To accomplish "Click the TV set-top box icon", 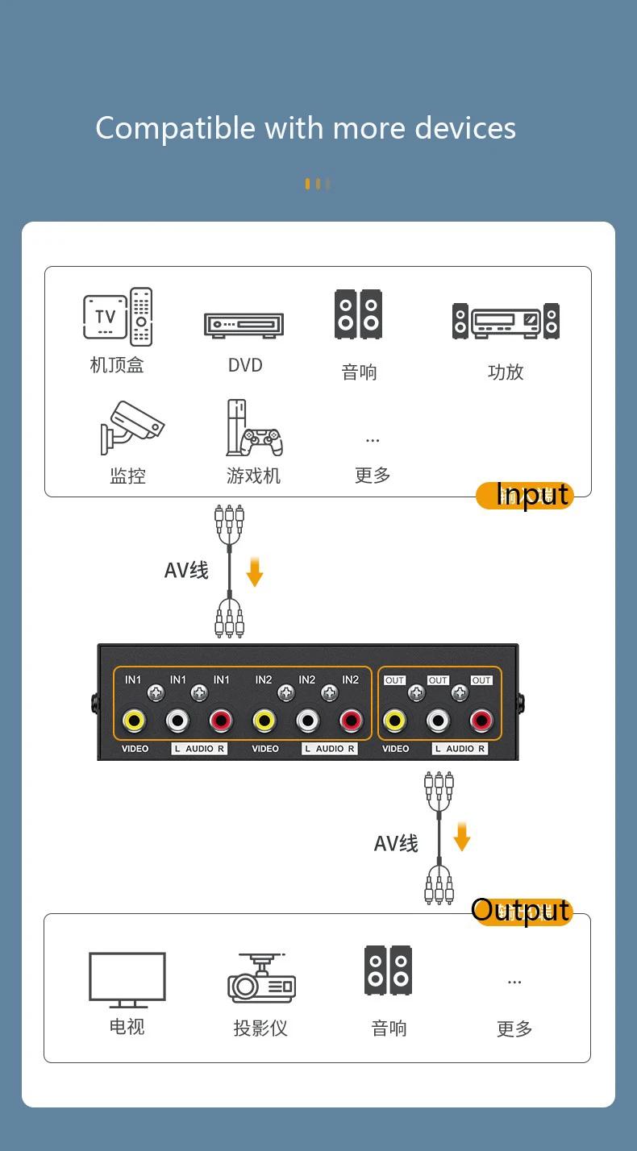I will pyautogui.click(x=118, y=316).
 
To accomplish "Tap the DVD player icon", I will pyautogui.click(x=244, y=325).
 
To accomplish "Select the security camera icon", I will pyautogui.click(x=131, y=427).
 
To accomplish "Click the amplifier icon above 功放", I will pyautogui.click(x=506, y=321).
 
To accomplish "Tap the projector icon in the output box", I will pyautogui.click(x=261, y=979).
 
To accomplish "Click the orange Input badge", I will pyautogui.click(x=525, y=495).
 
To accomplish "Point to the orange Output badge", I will pyautogui.click(x=523, y=911).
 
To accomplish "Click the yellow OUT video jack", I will pyautogui.click(x=394, y=720).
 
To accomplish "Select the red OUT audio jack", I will pyautogui.click(x=481, y=720).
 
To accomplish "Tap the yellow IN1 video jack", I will pyautogui.click(x=133, y=720).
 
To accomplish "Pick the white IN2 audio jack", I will pyautogui.click(x=307, y=720).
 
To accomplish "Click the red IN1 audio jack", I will pyautogui.click(x=220, y=720).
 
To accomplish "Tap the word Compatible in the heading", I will pyautogui.click(x=175, y=128).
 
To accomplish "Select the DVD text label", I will pyautogui.click(x=245, y=365).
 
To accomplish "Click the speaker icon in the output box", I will pyautogui.click(x=388, y=970).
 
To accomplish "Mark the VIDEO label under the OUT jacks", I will pyautogui.click(x=395, y=749).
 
